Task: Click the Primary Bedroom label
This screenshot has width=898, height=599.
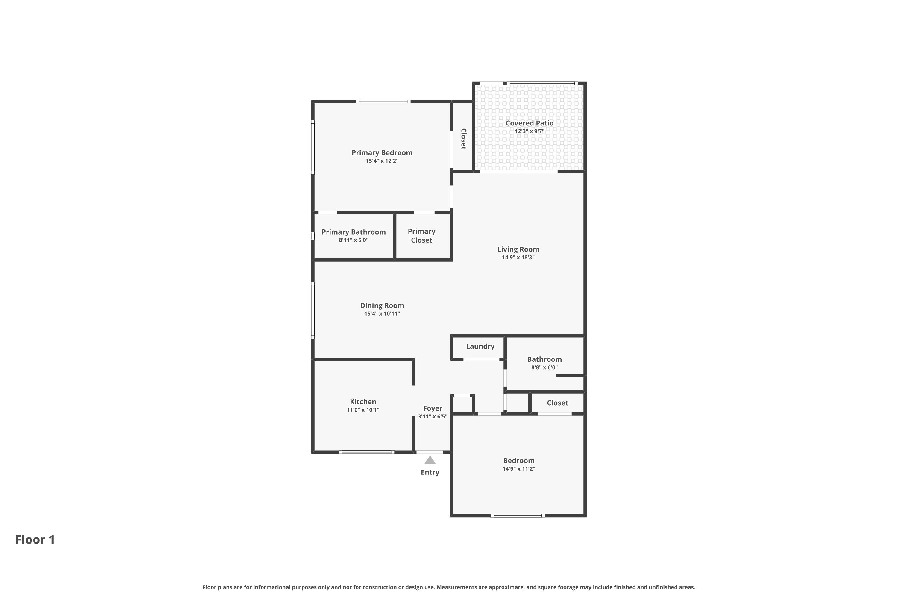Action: pos(382,153)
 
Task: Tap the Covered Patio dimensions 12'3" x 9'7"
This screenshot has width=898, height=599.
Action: pos(530,131)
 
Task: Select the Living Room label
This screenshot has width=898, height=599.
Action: pos(518,249)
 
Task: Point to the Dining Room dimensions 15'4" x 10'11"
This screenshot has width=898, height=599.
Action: pos(382,314)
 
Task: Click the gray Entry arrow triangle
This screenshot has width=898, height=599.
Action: pos(430,460)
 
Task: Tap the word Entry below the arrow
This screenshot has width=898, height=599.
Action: pos(430,473)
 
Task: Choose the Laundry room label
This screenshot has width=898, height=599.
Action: pos(480,347)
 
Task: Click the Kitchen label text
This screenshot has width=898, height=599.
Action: pos(363,402)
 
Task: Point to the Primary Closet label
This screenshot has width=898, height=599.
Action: pos(421,236)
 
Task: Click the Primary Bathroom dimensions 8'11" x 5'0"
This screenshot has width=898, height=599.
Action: pos(354,240)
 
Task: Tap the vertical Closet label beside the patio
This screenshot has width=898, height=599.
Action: pos(463,139)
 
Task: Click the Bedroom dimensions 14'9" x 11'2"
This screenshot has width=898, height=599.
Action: pos(518,469)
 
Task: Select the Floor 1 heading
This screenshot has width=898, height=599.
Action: pos(35,540)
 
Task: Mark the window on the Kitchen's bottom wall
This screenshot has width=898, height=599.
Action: pos(366,452)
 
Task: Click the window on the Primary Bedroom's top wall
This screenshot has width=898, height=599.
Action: pos(383,102)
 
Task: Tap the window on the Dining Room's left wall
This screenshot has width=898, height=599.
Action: pos(313,311)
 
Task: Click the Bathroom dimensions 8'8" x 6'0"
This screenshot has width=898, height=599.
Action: pos(544,368)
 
